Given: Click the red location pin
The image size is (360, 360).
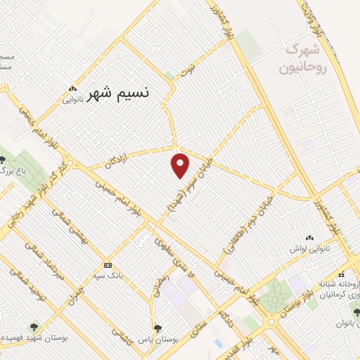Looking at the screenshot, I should tap(181, 165).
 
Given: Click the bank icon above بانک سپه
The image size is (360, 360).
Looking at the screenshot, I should tap(108, 265).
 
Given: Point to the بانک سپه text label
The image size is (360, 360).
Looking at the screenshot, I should tap(108, 276).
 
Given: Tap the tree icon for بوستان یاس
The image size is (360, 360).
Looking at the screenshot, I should tap(157, 328).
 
